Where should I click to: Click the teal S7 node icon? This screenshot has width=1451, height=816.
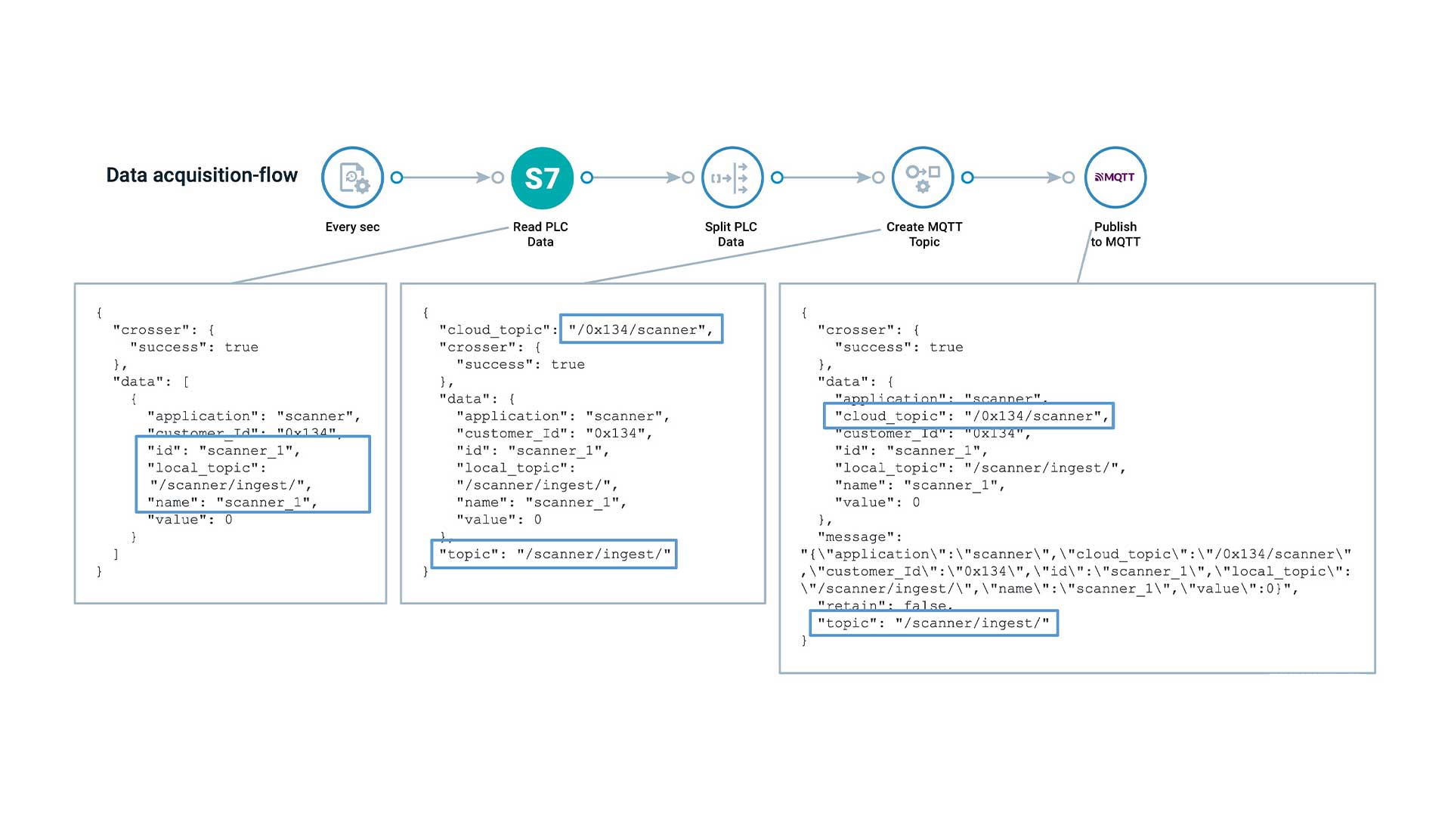pyautogui.click(x=542, y=178)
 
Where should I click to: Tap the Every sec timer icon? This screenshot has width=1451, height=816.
pyautogui.click(x=352, y=178)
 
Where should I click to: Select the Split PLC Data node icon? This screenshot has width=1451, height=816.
pyautogui.click(x=732, y=178)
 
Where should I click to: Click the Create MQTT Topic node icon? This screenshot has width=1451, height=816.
pyautogui.click(x=922, y=178)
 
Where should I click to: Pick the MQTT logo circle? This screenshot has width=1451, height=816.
pyautogui.click(x=1115, y=178)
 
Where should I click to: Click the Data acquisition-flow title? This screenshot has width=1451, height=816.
pyautogui.click(x=202, y=175)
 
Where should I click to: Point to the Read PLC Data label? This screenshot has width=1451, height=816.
pyautogui.click(x=540, y=234)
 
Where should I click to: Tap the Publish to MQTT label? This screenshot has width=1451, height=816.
pyautogui.click(x=1115, y=234)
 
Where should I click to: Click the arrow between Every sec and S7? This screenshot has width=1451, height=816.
pyautogui.click(x=447, y=178)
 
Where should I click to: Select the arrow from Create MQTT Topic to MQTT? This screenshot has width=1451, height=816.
pyautogui.click(x=1017, y=178)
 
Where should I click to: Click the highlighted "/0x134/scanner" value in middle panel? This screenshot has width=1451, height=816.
pyautogui.click(x=641, y=329)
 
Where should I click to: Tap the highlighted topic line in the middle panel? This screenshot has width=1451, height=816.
pyautogui.click(x=554, y=554)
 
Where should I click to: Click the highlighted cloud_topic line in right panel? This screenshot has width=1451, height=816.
pyautogui.click(x=968, y=416)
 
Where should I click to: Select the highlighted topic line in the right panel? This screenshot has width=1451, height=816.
pyautogui.click(x=933, y=623)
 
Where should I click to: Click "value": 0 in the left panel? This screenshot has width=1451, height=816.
pyautogui.click(x=190, y=520)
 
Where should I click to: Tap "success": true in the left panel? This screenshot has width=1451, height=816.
pyautogui.click(x=194, y=347)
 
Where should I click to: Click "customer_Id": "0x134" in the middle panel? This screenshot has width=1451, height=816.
pyautogui.click(x=554, y=433)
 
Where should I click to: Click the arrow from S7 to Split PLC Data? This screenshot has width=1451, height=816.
pyautogui.click(x=637, y=178)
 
